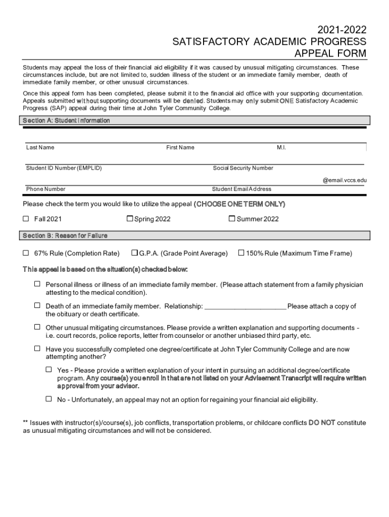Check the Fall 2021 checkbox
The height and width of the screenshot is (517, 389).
click(26, 219)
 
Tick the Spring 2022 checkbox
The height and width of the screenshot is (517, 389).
click(130, 219)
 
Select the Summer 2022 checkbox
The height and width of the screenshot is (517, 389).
click(232, 219)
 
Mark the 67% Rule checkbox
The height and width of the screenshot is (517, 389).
click(26, 252)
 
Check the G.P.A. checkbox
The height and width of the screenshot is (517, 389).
click(135, 252)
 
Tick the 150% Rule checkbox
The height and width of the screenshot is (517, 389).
click(241, 252)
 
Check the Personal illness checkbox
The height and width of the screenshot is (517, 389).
click(37, 284)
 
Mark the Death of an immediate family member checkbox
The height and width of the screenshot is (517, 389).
click(37, 305)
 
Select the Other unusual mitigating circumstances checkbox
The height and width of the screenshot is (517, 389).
click(37, 327)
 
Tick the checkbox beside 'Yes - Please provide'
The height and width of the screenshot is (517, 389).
click(48, 370)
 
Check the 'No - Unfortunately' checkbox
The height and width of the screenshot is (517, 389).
click(48, 398)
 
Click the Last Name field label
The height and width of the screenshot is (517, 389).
click(40, 147)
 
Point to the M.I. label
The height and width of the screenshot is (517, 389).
click(281, 147)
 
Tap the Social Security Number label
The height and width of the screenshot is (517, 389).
click(243, 168)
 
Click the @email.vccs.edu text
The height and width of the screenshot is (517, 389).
click(345, 180)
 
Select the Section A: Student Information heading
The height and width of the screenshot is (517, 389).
click(66, 121)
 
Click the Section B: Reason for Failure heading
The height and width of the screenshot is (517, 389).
click(65, 235)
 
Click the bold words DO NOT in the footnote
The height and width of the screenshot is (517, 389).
click(322, 423)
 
